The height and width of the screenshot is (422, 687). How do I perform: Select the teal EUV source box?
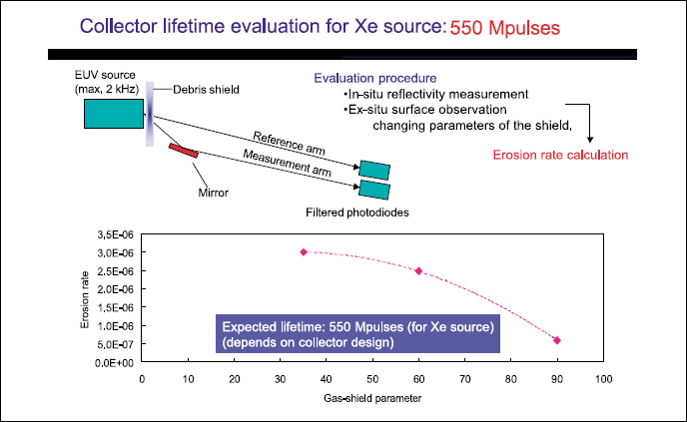112,115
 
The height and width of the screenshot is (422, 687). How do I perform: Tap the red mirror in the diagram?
184,150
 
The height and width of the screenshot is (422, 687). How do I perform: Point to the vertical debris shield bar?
150,114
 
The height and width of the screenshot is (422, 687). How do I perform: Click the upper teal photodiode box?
374,170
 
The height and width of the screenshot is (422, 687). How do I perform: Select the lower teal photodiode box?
374,188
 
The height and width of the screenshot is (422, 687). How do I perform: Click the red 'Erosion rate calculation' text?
560,155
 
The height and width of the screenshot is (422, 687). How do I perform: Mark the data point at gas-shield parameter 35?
303,252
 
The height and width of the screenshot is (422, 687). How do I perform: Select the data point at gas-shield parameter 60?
418,270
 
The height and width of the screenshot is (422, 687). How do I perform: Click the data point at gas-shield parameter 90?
557,340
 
